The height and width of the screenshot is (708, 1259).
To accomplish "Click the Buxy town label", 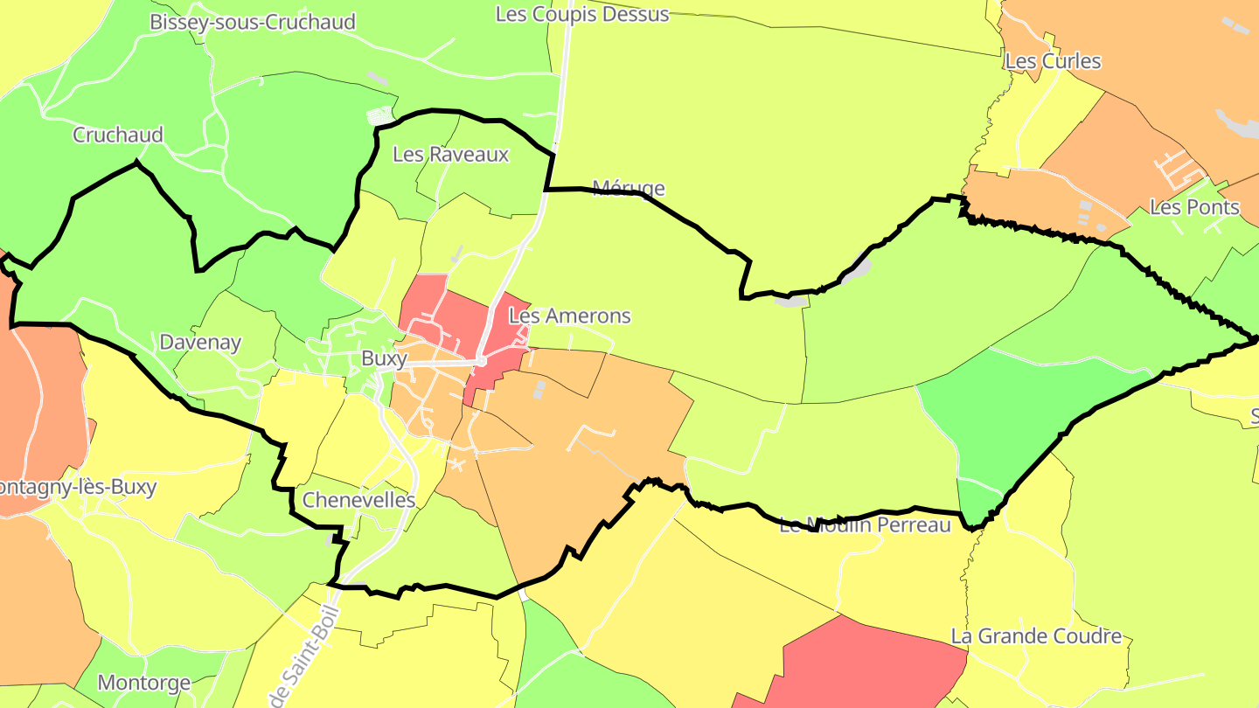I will [384, 359].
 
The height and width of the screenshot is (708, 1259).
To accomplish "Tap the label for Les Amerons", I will [569, 316].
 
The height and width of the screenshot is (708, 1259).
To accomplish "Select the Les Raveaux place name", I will [450, 155].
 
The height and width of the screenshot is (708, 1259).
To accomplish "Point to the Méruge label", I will [629, 188].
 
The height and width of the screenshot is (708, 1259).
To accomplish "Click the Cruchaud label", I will [118, 135].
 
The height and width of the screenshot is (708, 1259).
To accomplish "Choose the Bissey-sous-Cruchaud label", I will [253, 22].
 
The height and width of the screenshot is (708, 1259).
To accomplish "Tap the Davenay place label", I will [200, 343].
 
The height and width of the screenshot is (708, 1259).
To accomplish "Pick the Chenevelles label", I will [358, 500].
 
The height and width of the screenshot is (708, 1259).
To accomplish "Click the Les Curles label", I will [1053, 61].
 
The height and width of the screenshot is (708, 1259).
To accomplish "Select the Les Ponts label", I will [1194, 207].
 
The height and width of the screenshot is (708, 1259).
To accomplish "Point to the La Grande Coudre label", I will [1036, 635].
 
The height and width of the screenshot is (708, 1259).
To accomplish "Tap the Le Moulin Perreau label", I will [865, 525].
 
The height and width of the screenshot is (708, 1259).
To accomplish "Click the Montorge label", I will [144, 683].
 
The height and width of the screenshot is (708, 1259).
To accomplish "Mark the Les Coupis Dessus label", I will [582, 14].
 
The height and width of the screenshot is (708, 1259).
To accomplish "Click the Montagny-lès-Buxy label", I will [79, 487].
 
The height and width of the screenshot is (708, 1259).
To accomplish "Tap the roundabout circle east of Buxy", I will [481, 361].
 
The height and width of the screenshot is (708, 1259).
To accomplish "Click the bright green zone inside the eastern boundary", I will [1014, 420].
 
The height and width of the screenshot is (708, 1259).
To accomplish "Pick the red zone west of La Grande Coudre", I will [866, 664].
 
